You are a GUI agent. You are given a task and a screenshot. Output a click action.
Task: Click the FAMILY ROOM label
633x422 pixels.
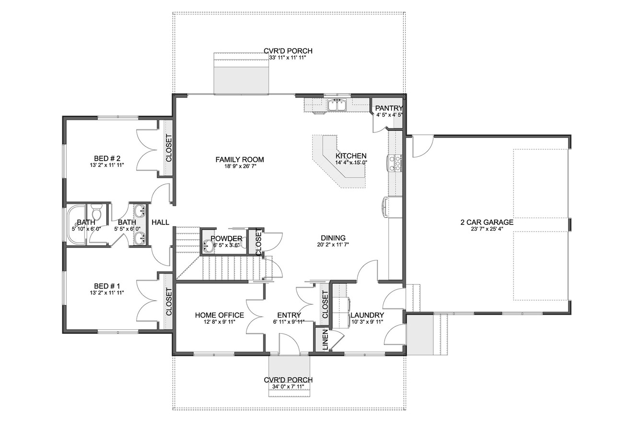(240, 160)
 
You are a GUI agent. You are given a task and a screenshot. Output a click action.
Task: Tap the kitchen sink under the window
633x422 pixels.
(337, 105)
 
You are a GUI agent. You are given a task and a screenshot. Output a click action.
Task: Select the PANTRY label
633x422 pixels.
(388, 108)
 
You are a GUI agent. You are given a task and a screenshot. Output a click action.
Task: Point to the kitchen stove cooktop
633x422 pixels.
(396, 163)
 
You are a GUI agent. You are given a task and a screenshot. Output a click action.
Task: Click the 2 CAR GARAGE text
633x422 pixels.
(487, 222)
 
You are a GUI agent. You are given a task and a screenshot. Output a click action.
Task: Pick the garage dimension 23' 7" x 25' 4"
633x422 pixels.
(487, 229)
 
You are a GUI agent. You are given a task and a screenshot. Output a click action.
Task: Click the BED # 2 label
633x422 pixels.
(107, 159)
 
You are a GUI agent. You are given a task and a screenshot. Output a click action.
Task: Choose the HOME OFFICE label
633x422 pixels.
(219, 315)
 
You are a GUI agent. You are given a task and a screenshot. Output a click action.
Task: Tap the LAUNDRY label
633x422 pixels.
(367, 315)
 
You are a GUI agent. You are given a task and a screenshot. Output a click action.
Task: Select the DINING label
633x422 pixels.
(333, 238)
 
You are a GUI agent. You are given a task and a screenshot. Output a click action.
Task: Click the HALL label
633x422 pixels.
(160, 223)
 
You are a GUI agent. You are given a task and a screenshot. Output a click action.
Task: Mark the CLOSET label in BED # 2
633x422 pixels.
(169, 150)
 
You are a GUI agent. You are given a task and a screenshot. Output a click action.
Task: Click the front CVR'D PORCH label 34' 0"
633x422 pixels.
(288, 380)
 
